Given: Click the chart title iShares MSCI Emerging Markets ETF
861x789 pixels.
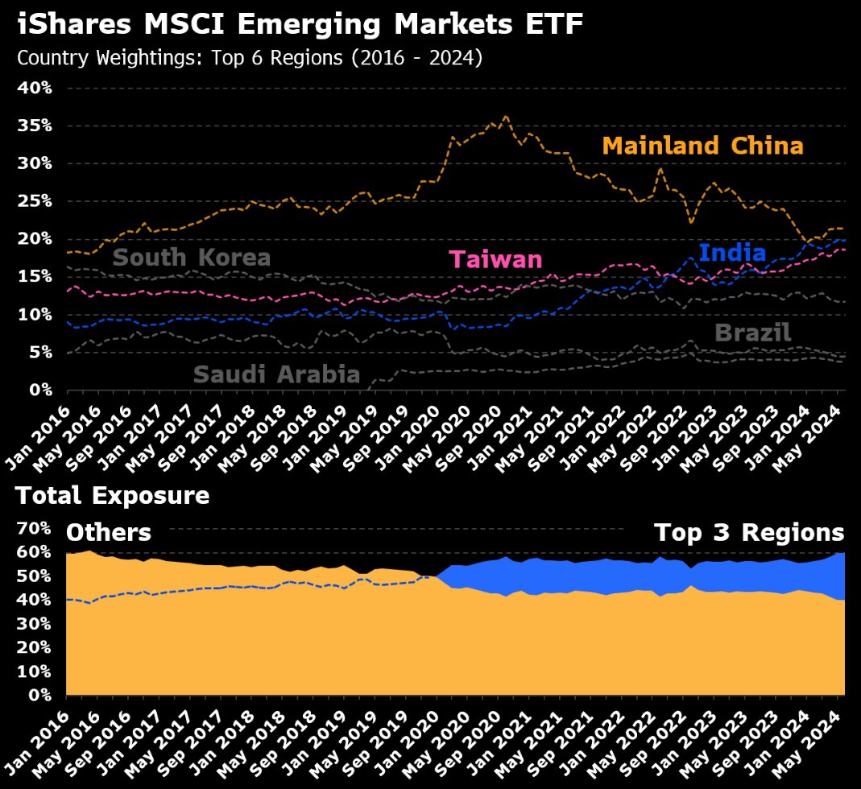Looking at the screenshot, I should pyautogui.click(x=299, y=25).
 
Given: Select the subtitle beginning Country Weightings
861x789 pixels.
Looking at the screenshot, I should pyautogui.click(x=249, y=59).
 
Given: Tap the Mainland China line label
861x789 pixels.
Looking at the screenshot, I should pyautogui.click(x=702, y=146).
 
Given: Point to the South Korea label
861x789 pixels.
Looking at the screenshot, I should pyautogui.click(x=191, y=258).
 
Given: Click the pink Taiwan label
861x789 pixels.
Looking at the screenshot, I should pyautogui.click(x=495, y=259).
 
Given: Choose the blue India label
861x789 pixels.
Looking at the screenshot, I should pyautogui.click(x=732, y=253).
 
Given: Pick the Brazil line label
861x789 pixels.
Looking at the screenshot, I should pyautogui.click(x=752, y=333).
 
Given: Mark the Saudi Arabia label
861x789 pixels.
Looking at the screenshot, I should pyautogui.click(x=275, y=374).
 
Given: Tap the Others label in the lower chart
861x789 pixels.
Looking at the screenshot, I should pyautogui.click(x=108, y=533).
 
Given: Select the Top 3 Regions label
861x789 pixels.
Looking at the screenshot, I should pyautogui.click(x=748, y=533).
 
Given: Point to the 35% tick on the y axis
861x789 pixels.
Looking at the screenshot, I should pyautogui.click(x=35, y=126).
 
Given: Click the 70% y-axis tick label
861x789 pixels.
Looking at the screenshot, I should pyautogui.click(x=35, y=528).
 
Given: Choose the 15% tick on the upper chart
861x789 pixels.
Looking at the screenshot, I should pyautogui.click(x=35, y=276).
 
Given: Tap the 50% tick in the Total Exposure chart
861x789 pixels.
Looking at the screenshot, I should pyautogui.click(x=35, y=576).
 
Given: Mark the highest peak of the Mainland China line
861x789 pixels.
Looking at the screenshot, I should pyautogui.click(x=505, y=117).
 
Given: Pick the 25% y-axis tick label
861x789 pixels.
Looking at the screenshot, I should pyautogui.click(x=35, y=201).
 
